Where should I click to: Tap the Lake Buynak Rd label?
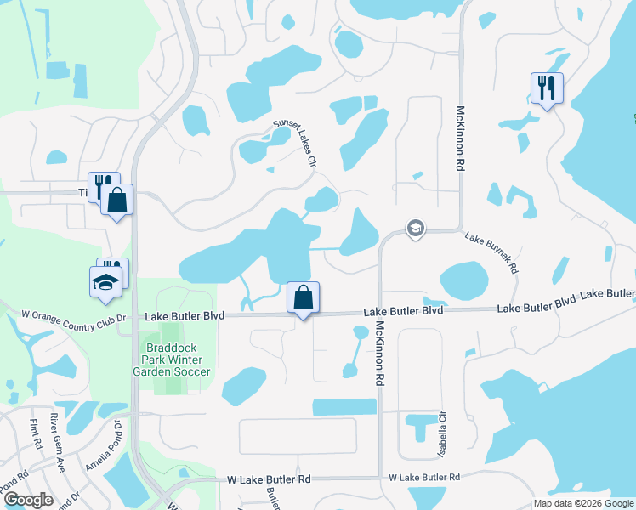point(491,252)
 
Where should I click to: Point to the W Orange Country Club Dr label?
point(73,316)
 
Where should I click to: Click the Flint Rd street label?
point(35,433)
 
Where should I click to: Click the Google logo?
point(28,499)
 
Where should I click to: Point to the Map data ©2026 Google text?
point(582,503)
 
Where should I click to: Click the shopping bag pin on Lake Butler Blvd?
point(303,297)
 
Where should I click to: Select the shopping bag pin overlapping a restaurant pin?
point(117,201)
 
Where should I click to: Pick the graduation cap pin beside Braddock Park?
point(105,282)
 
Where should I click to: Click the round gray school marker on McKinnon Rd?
point(415,229)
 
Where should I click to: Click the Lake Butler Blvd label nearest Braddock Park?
point(185,315)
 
